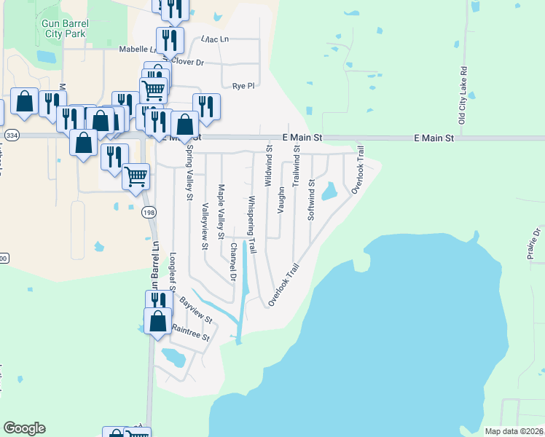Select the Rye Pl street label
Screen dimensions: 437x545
point(243,85)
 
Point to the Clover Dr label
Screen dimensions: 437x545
point(187,63)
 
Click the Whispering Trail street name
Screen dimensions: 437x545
point(252,224)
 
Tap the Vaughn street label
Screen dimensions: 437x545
point(281,200)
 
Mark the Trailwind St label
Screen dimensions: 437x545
point(296,166)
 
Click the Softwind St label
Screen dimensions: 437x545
point(310,200)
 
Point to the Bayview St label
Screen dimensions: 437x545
point(195,310)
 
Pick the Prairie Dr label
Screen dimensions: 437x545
point(537,243)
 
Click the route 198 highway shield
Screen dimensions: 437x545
point(148,212)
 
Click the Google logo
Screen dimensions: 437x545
point(24,428)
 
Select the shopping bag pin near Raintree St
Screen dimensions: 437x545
point(158,321)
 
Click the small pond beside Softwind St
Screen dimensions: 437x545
point(329,192)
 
